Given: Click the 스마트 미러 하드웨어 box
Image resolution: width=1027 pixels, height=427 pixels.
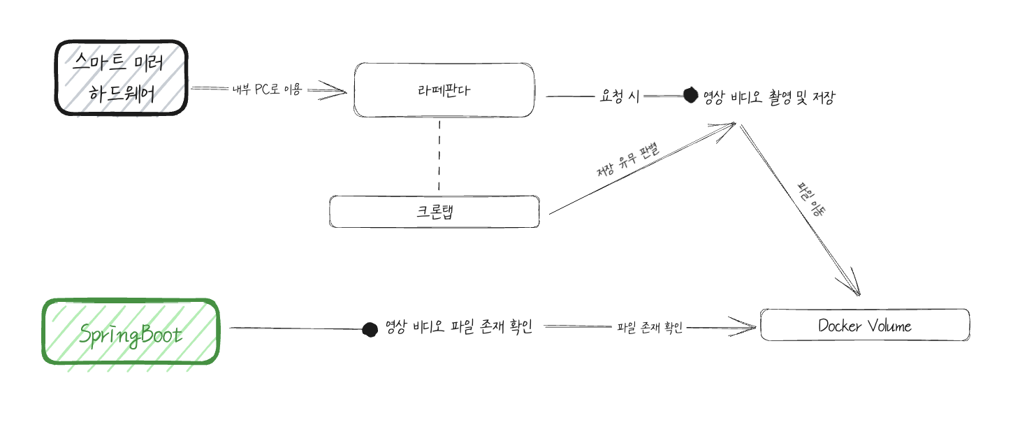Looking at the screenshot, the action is pos(122,77).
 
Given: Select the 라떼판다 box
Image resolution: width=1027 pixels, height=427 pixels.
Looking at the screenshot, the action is pos(444,90).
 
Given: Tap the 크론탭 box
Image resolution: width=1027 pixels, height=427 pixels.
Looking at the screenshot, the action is pos(434,212).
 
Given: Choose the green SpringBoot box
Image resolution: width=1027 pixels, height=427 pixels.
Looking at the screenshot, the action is pos(131,333).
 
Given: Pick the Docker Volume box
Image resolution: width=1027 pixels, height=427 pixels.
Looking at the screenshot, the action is pos(864,326).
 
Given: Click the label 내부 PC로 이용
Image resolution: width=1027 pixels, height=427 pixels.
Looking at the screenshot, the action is pos(266,89).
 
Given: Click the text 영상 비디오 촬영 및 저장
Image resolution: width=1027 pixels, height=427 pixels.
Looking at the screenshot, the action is pos(769,97).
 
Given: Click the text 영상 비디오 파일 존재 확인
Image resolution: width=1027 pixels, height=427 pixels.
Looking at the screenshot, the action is pos(459,327).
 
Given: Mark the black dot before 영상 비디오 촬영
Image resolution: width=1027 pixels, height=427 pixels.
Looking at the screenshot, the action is pos(690,95).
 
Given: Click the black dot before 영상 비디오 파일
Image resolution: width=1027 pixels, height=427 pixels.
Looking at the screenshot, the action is pos(370,329).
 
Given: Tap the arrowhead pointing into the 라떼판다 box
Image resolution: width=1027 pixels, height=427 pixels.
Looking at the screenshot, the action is pos(339,90).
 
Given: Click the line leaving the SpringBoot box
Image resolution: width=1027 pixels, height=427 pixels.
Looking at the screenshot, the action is pos(293,328).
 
